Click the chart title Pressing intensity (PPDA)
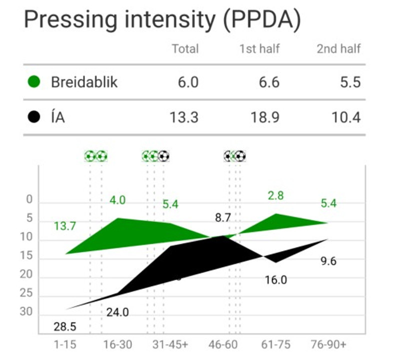pos(162,20)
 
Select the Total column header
pos(185,48)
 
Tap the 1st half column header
pos(259,48)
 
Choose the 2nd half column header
pos(339,48)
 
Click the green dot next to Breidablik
pos(34,82)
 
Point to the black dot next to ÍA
pos(34,117)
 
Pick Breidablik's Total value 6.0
pos(188,82)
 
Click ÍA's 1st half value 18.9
pos(265,117)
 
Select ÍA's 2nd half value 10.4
pos(346,117)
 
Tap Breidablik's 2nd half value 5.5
pos(350,82)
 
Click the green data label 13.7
pos(65,226)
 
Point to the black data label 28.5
pos(65,327)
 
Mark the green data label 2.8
pos(276,195)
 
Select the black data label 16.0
pos(276,280)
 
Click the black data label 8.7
pos(223,217)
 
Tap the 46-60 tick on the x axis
pos(223,344)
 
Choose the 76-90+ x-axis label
pos(328,344)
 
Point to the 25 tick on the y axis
pos(26,293)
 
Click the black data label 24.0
pos(117,312)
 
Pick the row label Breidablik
pos(84,82)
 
